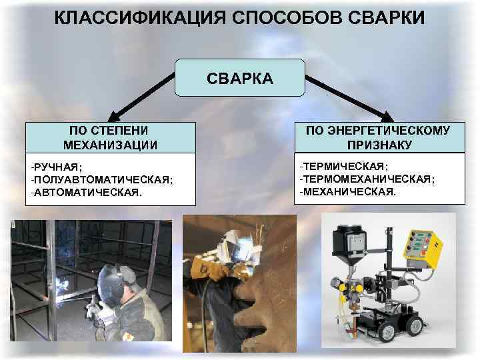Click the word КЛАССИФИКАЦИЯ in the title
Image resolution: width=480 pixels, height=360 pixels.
pos(140,17)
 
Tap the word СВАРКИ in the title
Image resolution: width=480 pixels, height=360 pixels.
pos(386,17)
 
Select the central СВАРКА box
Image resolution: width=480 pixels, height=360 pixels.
pos(240,78)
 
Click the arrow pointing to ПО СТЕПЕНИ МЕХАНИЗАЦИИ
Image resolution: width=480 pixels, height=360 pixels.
pos(141,97)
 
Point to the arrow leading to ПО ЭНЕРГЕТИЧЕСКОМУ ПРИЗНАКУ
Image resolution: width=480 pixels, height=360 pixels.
pos(349,98)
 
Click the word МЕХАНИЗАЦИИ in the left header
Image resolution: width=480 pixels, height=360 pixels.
pos(110,145)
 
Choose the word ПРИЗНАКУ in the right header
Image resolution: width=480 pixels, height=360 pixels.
pos(379,145)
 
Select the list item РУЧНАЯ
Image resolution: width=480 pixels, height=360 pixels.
pos(56,167)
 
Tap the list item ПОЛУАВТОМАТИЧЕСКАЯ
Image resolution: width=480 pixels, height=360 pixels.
pos(101,180)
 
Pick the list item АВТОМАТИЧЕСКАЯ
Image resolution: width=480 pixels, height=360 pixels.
pos(86,192)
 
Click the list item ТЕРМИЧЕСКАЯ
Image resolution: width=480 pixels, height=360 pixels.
pos(344,166)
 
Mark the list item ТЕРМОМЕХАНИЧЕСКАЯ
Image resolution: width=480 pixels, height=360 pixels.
pos(367,179)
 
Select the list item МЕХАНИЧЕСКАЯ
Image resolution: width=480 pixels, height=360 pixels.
pos(348,191)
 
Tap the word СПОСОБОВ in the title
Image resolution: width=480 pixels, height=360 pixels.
pos(287,17)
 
